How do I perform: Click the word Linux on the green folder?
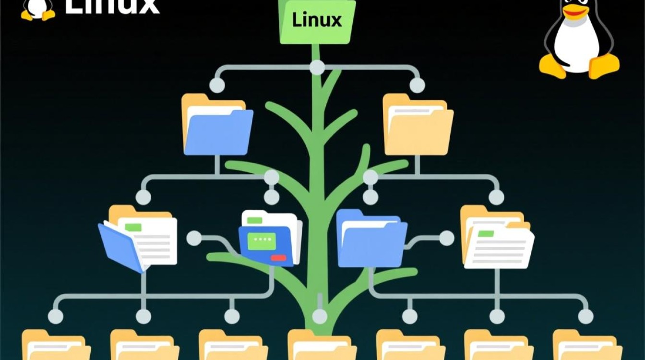[317, 20]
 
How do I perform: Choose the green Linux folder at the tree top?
[317, 22]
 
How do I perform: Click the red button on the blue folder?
[278, 258]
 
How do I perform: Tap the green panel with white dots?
[262, 240]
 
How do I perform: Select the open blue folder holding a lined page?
[138, 240]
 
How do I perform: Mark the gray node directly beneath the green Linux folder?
[317, 68]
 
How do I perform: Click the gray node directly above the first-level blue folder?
[217, 85]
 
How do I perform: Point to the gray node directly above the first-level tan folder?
[417, 85]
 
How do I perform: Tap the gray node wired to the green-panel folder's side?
[194, 238]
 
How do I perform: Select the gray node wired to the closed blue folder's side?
[446, 238]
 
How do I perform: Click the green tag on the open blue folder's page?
[132, 227]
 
